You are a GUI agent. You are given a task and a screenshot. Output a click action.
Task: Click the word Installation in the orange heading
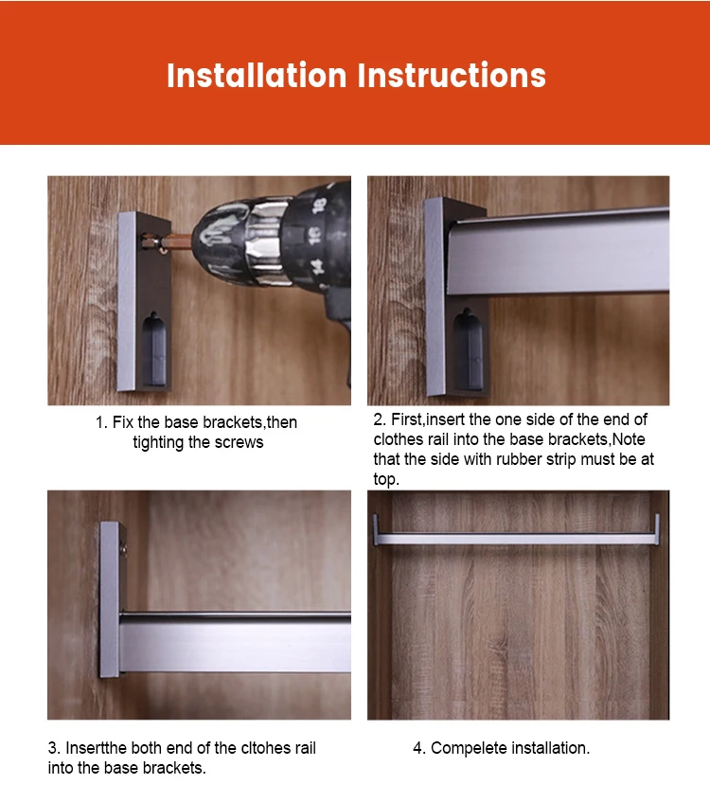point(257,76)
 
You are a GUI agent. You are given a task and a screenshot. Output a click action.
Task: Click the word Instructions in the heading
point(452,76)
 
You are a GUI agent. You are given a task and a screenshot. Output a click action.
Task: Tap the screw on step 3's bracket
point(123,550)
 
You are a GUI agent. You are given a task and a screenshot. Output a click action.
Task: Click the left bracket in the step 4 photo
point(376,529)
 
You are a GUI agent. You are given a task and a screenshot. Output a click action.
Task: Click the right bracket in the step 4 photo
point(657,529)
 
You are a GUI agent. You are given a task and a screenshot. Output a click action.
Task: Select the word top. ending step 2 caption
point(386,480)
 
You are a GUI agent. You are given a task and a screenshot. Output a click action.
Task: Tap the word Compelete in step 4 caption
point(469,748)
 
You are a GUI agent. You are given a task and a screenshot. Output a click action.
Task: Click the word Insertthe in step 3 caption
point(97,748)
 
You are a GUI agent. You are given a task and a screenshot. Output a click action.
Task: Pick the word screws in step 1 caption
point(239,443)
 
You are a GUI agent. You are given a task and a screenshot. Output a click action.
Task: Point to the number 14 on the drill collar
point(317,266)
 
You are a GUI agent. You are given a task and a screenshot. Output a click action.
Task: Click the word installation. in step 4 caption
point(550,748)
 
